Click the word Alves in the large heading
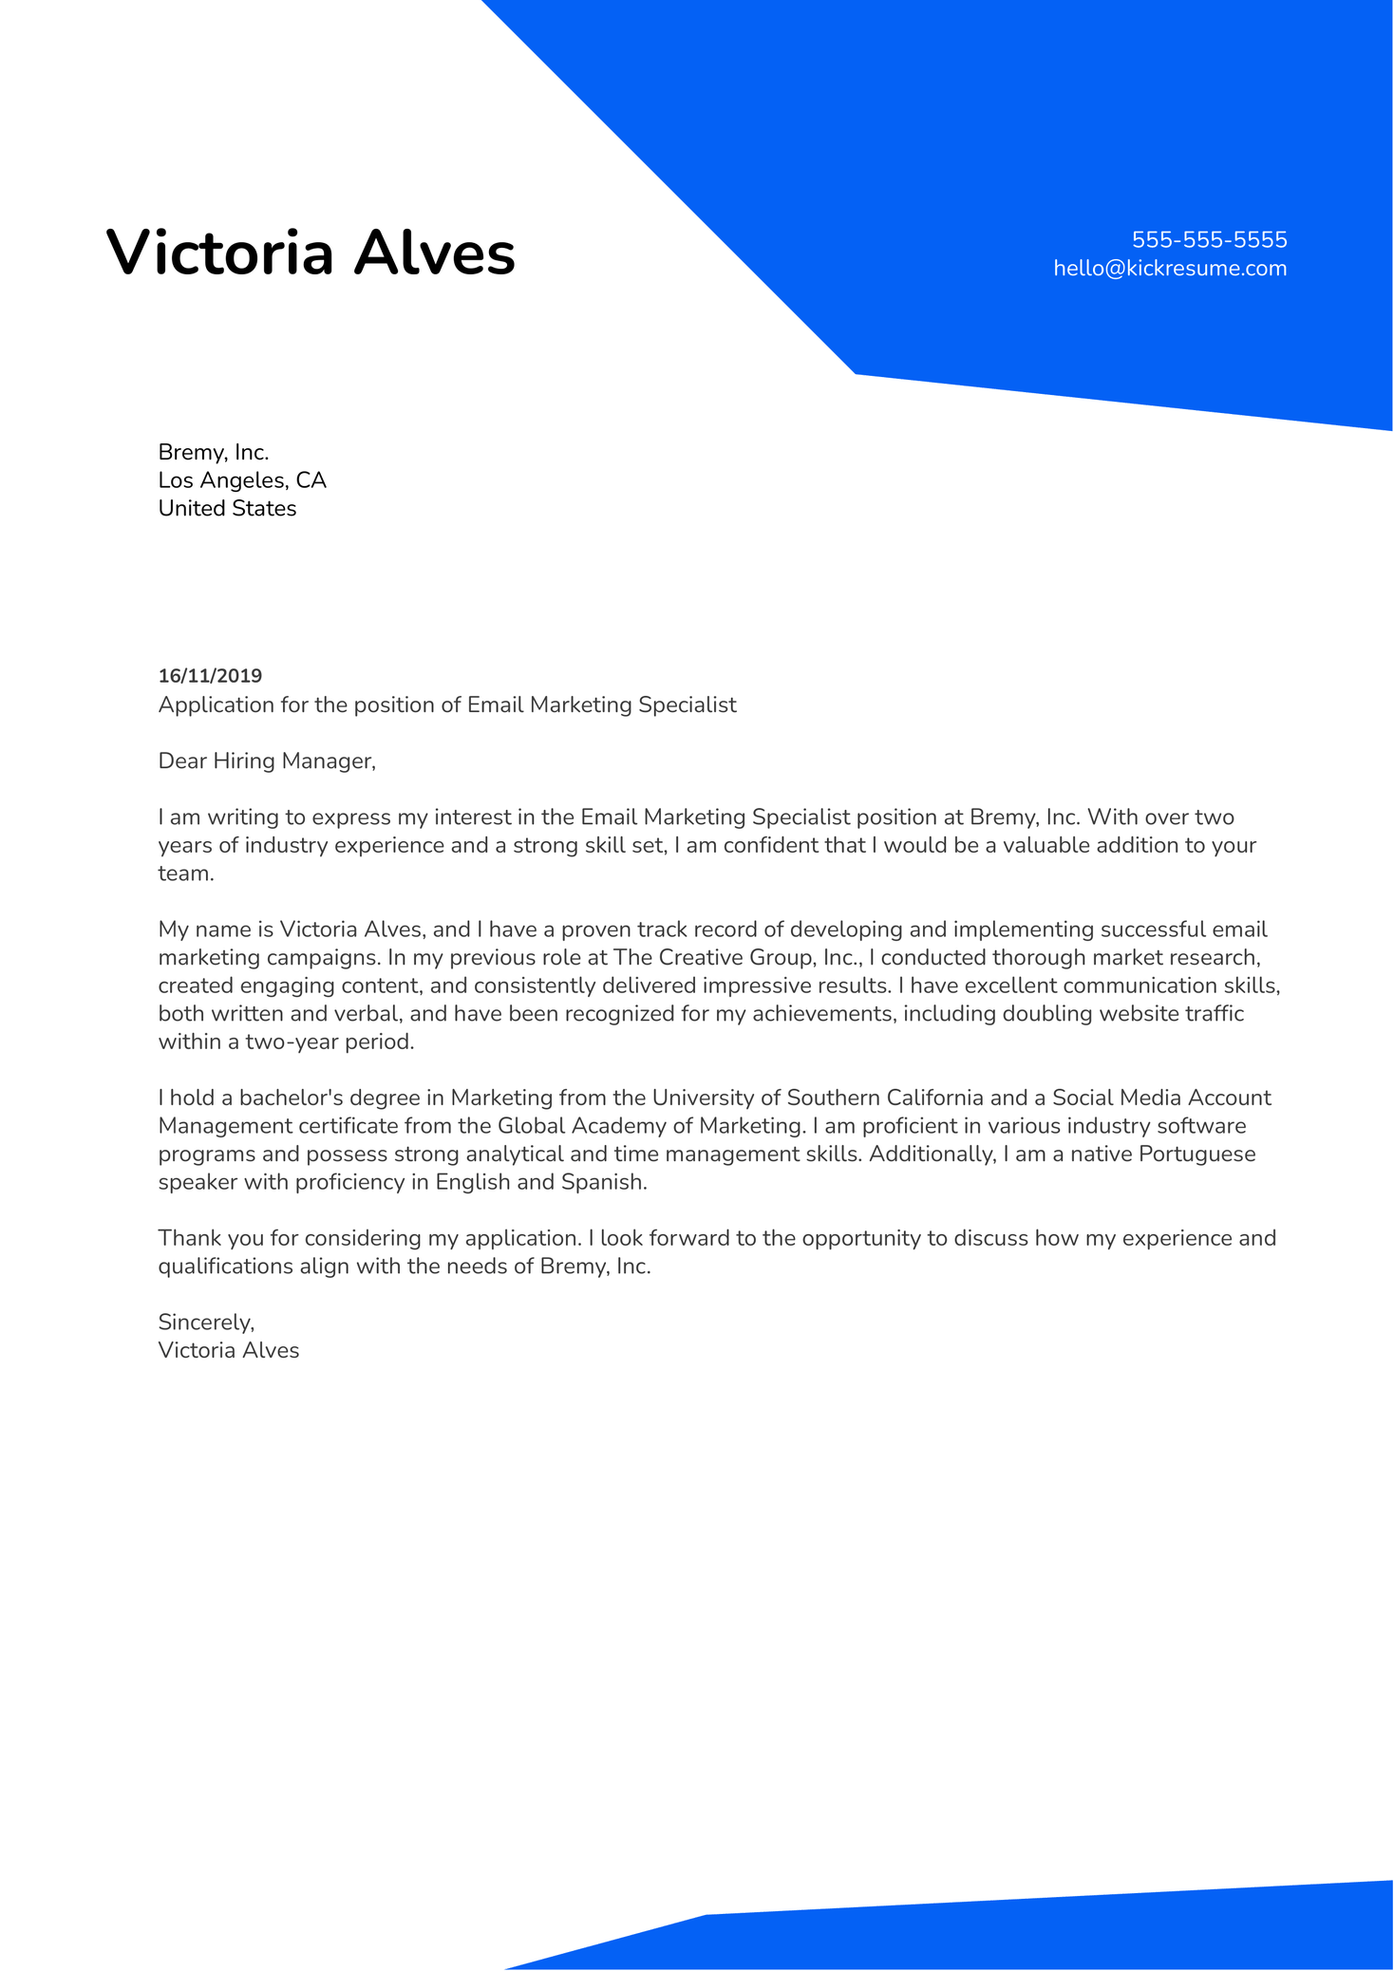point(434,254)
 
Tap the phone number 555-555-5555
point(1209,239)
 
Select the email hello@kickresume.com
point(1170,269)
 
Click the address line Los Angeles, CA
point(242,480)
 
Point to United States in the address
point(227,509)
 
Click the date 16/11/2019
point(210,676)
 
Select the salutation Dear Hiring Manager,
point(267,760)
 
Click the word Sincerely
point(205,1322)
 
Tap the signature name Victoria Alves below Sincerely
point(228,1350)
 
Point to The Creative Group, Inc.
point(737,957)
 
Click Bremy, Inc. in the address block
point(214,452)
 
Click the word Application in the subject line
point(216,704)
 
